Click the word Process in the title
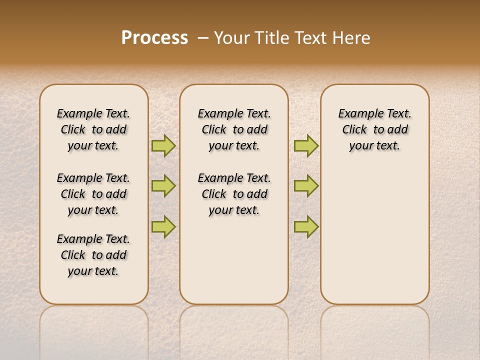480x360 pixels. click(154, 37)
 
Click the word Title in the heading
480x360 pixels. click(270, 37)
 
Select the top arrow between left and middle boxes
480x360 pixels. click(163, 145)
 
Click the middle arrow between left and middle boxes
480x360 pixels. click(163, 186)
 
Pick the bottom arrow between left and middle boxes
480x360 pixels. click(163, 226)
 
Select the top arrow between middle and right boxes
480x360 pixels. click(306, 145)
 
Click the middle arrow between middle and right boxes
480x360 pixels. click(306, 186)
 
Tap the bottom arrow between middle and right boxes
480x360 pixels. click(306, 226)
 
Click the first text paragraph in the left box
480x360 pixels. click(93, 129)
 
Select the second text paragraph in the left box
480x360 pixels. click(93, 194)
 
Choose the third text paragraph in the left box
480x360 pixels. click(93, 255)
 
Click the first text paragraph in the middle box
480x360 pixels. click(234, 129)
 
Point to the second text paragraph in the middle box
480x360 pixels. click(234, 194)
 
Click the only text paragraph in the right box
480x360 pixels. click(375, 129)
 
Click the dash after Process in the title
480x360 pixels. click(203, 38)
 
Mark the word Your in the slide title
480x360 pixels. click(232, 37)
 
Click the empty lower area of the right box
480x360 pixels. click(375, 240)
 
